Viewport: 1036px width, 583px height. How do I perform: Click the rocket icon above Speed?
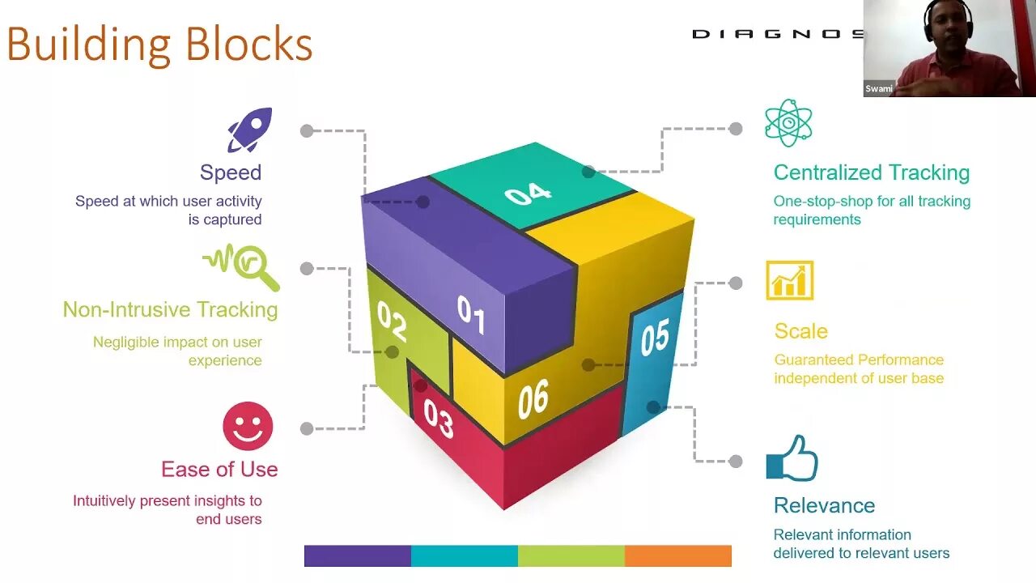click(249, 130)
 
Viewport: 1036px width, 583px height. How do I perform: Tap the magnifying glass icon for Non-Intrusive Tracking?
click(242, 266)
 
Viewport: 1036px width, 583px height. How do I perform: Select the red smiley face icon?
click(248, 426)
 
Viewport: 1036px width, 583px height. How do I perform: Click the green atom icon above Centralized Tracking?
click(788, 123)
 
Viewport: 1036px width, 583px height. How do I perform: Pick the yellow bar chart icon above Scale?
click(789, 281)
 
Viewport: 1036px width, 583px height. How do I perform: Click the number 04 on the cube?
click(528, 194)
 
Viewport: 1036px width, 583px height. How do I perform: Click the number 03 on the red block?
click(438, 419)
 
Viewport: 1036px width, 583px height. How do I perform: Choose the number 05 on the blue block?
click(654, 338)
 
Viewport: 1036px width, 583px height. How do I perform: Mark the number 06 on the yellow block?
click(533, 400)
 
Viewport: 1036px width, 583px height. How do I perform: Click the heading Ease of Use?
click(219, 470)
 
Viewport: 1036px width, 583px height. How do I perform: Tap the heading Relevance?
click(824, 505)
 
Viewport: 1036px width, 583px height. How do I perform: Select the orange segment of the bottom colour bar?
click(677, 555)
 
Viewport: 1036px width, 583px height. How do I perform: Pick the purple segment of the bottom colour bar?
click(358, 555)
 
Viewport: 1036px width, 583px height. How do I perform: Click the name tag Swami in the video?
click(879, 89)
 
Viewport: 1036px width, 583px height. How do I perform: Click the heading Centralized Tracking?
click(871, 172)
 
